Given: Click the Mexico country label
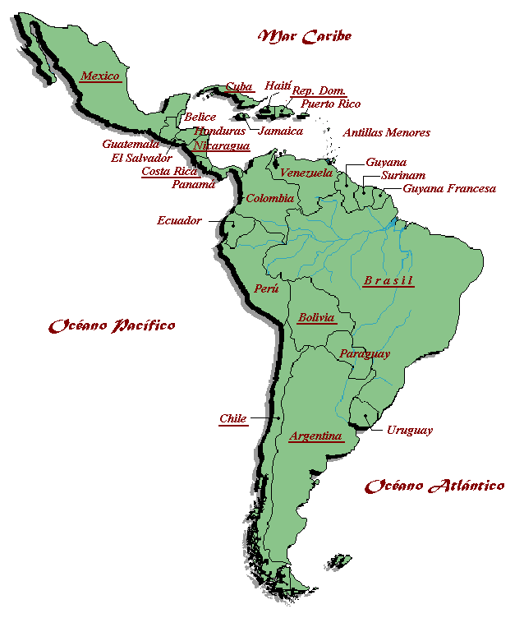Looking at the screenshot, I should coord(100,76).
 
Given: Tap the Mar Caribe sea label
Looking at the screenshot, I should coord(305,36).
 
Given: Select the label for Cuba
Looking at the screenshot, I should coord(239,86).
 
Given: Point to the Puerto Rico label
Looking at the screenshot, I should coord(330,104).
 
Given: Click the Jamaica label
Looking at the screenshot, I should coord(280,131).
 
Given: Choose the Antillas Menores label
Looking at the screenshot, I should coord(386,132).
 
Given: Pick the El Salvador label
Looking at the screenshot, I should coord(141,157).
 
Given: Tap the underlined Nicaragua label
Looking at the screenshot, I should coord(221,145).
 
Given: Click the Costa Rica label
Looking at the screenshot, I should coord(169,171).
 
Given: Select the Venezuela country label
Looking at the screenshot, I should coord(306,173).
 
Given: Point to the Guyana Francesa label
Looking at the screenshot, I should coord(448,189).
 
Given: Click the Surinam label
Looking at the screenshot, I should coord(402,176).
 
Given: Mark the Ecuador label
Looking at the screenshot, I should coord(179,220).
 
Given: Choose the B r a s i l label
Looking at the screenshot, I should coord(388,280).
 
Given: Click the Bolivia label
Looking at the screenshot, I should coord(316,317).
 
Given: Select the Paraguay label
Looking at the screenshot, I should coord(364,353).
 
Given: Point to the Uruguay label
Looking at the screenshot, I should coord(409,430).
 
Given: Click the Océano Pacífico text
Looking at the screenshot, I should coord(112,325).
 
